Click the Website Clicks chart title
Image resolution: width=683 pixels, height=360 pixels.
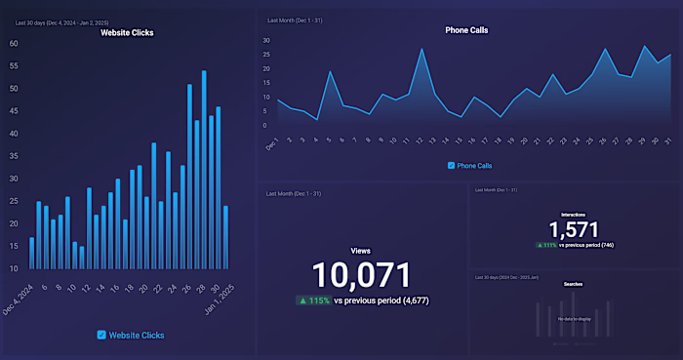click(x=127, y=32)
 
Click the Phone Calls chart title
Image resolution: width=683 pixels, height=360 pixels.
click(x=466, y=30)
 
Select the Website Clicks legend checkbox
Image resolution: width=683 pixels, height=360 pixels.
click(x=101, y=335)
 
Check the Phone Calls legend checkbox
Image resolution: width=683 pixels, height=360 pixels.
click(x=451, y=166)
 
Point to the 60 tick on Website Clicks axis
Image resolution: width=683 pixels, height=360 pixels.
click(x=14, y=44)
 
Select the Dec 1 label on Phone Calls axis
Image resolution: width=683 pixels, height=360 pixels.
click(x=272, y=143)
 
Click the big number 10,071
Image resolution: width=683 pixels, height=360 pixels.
click(x=362, y=275)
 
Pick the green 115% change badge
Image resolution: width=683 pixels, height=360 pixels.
click(x=313, y=301)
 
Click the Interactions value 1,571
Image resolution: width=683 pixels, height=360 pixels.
click(x=574, y=229)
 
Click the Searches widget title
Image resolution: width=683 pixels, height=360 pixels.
click(x=574, y=285)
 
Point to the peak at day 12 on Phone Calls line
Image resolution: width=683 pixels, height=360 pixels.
click(x=422, y=49)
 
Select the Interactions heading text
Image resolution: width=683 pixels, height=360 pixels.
click(x=574, y=214)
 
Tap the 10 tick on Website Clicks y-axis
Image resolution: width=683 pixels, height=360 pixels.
click(x=14, y=268)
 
